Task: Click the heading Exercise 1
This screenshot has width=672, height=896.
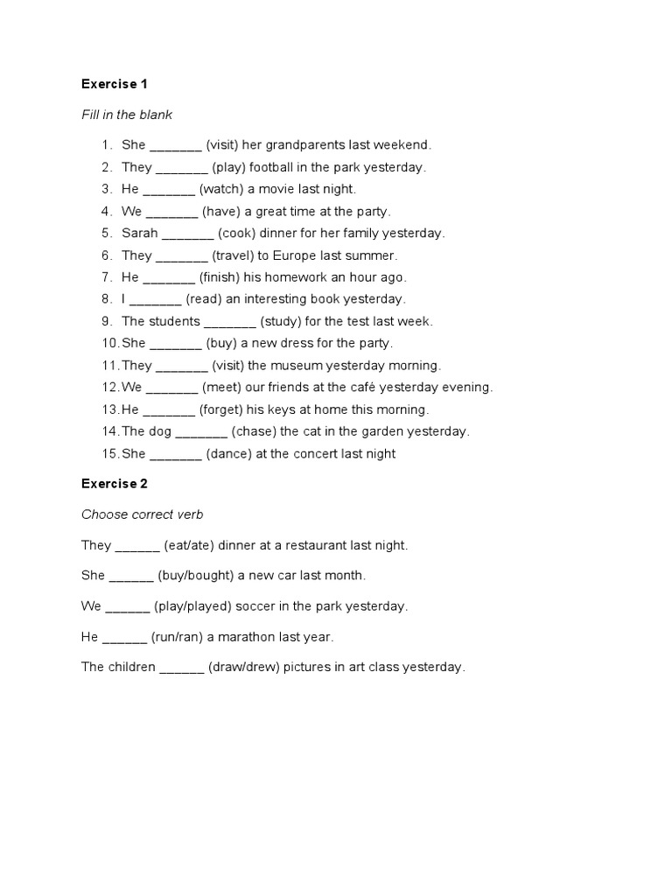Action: [x=115, y=84]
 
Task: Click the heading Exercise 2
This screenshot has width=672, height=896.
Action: [x=115, y=483]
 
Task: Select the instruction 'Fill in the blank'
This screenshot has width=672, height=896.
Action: [x=127, y=115]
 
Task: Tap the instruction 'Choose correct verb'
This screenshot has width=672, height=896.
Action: [x=142, y=514]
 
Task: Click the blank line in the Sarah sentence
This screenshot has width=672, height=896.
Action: [x=188, y=234]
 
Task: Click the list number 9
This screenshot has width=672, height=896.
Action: [x=108, y=321]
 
